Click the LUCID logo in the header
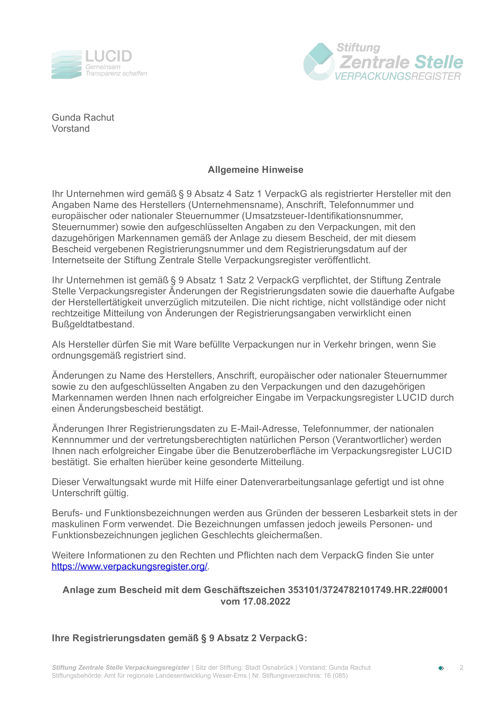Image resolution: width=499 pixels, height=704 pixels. (x=99, y=64)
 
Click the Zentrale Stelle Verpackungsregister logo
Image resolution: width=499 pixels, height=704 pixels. (x=383, y=62)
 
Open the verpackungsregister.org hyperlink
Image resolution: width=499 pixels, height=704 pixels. (x=129, y=566)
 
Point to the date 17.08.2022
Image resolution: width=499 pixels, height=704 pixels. (x=266, y=601)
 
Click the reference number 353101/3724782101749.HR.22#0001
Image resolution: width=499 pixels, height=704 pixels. (x=367, y=590)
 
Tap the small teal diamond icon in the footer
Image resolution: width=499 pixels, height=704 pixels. (x=441, y=668)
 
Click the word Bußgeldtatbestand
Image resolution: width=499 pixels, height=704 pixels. (x=93, y=324)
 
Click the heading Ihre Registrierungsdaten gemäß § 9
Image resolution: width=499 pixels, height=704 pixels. (x=180, y=638)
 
